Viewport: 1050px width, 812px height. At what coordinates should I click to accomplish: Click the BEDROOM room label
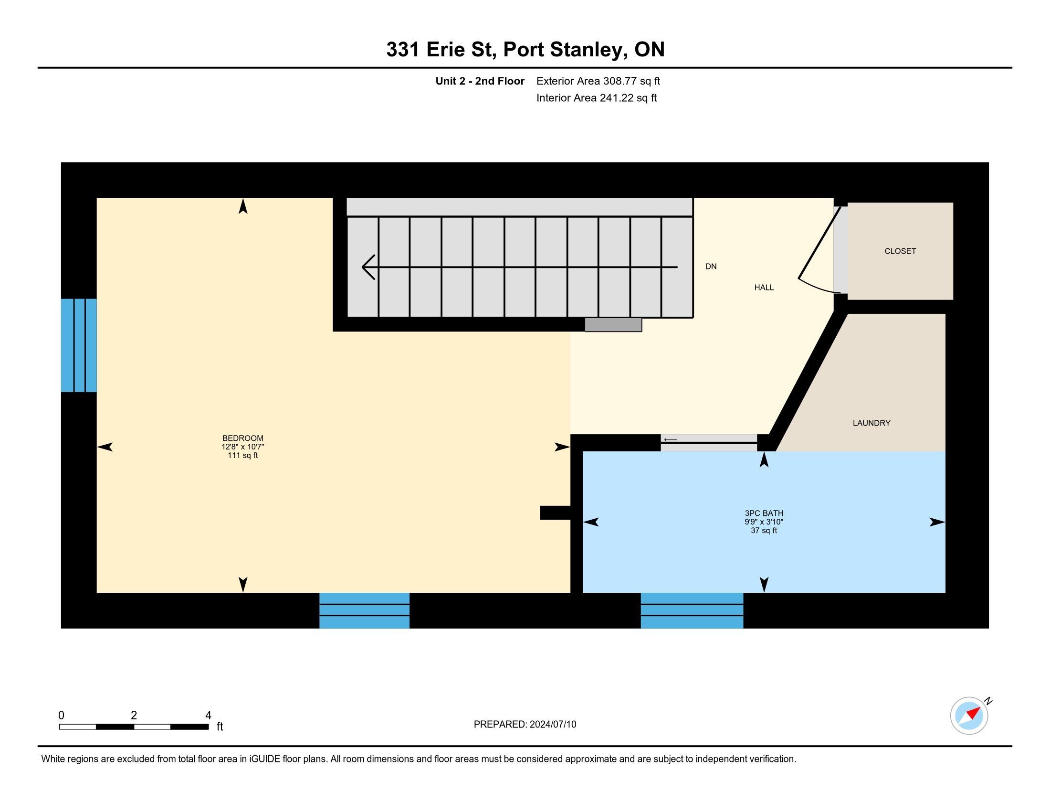coord(243,438)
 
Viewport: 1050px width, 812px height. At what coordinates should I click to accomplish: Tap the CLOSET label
coord(900,251)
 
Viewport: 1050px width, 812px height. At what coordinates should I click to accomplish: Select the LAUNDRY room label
coord(871,423)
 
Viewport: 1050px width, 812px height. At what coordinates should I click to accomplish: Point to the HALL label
coord(764,288)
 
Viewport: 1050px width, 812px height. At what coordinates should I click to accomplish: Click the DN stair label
coord(711,267)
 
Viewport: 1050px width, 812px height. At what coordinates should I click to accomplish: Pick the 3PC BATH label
coord(764,513)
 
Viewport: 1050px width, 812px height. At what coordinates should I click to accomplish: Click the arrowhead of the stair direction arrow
coord(368,267)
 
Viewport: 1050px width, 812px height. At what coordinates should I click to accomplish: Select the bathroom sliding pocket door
coord(709,443)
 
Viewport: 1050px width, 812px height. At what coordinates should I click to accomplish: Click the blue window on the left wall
coord(79,345)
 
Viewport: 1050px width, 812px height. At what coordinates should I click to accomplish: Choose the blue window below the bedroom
coord(365,610)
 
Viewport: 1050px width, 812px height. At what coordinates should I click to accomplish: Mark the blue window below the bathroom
coord(692,610)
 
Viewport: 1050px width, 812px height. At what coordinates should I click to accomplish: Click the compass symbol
coord(969,716)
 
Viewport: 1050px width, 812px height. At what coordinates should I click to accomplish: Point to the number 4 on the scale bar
coord(208,716)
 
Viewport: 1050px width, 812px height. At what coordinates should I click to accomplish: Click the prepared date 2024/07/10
coord(553,725)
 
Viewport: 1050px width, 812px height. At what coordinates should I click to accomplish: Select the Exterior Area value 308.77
coord(620,81)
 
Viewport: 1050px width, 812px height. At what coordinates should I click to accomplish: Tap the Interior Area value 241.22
coord(616,98)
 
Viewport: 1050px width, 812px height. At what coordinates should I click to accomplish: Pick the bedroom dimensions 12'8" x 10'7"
coord(243,447)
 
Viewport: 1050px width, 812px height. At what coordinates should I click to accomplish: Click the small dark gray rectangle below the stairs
coord(613,325)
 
